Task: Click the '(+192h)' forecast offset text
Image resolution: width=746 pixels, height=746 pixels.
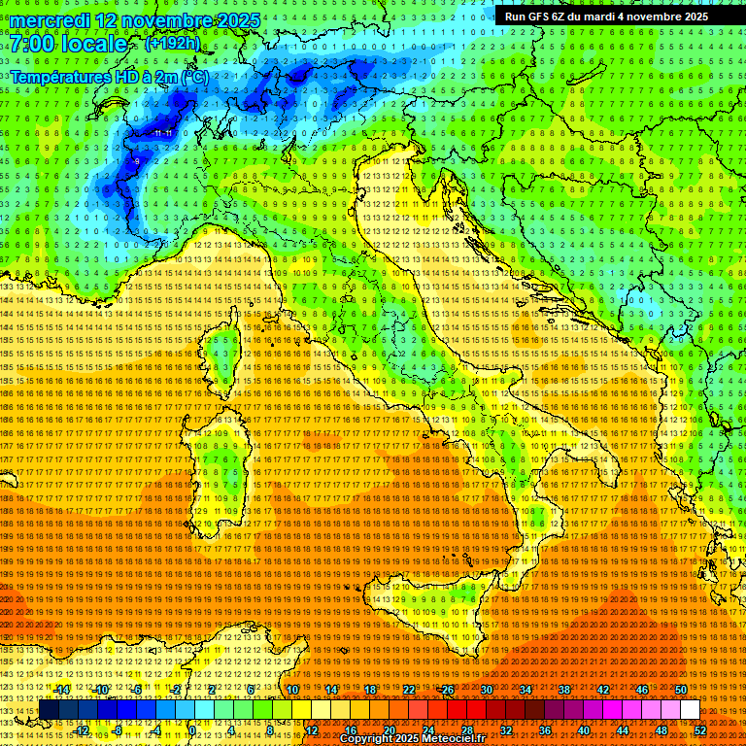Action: coord(172,43)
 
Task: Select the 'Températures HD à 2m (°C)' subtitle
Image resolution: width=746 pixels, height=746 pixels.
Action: coord(109,76)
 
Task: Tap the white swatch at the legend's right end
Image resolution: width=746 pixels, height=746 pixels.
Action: coord(690,709)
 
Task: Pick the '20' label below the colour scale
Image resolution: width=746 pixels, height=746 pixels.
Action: coord(389,730)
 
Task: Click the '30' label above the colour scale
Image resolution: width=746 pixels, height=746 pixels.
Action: coord(486,689)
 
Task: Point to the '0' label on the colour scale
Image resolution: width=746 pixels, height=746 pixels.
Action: coord(193,730)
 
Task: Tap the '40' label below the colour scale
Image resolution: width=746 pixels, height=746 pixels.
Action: coord(583,730)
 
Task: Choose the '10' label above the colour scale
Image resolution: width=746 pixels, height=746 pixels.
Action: coord(291,689)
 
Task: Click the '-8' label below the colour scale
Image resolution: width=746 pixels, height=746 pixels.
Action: coord(119,730)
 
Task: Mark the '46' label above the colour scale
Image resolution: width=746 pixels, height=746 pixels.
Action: coord(641,689)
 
